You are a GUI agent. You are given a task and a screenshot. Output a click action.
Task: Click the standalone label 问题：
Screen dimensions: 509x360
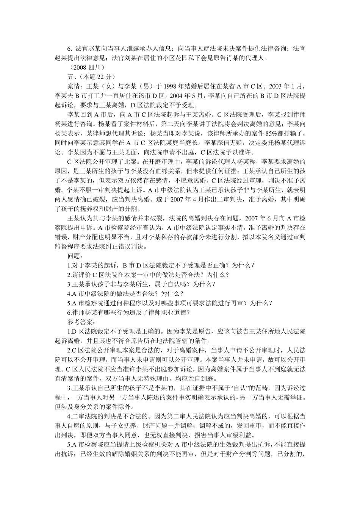(76, 256)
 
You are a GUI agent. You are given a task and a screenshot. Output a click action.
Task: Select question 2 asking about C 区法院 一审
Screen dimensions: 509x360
(148, 275)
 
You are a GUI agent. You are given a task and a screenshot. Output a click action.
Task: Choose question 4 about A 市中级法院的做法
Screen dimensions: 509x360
(125, 294)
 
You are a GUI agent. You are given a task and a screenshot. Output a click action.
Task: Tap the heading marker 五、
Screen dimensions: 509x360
(72, 77)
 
